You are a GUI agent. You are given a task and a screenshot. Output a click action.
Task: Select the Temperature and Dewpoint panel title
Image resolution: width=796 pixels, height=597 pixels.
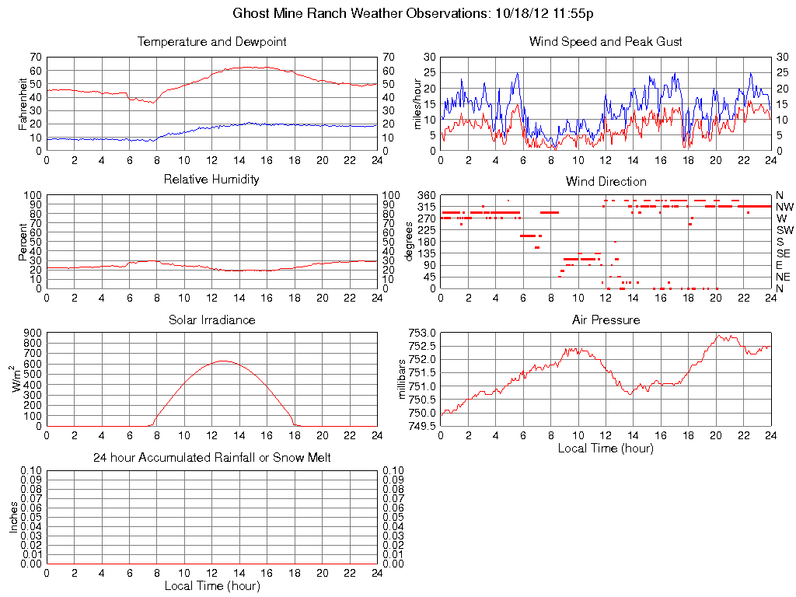[x=211, y=42]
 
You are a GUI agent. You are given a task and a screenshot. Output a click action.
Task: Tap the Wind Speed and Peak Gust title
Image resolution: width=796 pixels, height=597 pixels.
[x=606, y=42]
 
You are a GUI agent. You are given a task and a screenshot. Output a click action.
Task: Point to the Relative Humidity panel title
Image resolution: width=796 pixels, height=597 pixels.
[x=211, y=180]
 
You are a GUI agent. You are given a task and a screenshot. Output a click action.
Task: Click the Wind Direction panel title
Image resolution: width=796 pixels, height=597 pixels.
[x=606, y=182]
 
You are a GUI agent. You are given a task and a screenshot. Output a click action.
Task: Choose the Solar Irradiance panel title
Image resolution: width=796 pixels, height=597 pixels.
[x=211, y=319]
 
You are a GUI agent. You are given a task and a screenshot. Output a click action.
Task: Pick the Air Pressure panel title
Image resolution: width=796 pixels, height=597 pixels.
[x=606, y=319]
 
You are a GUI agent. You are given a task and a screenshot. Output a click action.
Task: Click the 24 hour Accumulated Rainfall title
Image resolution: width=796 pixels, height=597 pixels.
[x=211, y=458]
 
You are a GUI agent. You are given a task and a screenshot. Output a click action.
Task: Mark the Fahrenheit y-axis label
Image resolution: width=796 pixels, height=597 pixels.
[x=23, y=103]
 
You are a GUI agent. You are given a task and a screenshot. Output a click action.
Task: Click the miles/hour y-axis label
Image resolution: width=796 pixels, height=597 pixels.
[x=417, y=103]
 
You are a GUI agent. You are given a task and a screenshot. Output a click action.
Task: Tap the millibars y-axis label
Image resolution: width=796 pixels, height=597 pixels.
[x=402, y=379]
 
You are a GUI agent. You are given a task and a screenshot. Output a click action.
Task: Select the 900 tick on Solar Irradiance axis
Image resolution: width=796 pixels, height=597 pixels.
[x=33, y=333]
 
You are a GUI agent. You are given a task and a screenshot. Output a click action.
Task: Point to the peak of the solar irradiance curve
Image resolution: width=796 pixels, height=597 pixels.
[x=224, y=361]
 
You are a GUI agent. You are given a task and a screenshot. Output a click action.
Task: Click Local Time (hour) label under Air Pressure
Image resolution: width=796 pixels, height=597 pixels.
[x=606, y=448]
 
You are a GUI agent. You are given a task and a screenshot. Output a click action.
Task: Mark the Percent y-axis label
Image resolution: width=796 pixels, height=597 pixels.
[x=23, y=242]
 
